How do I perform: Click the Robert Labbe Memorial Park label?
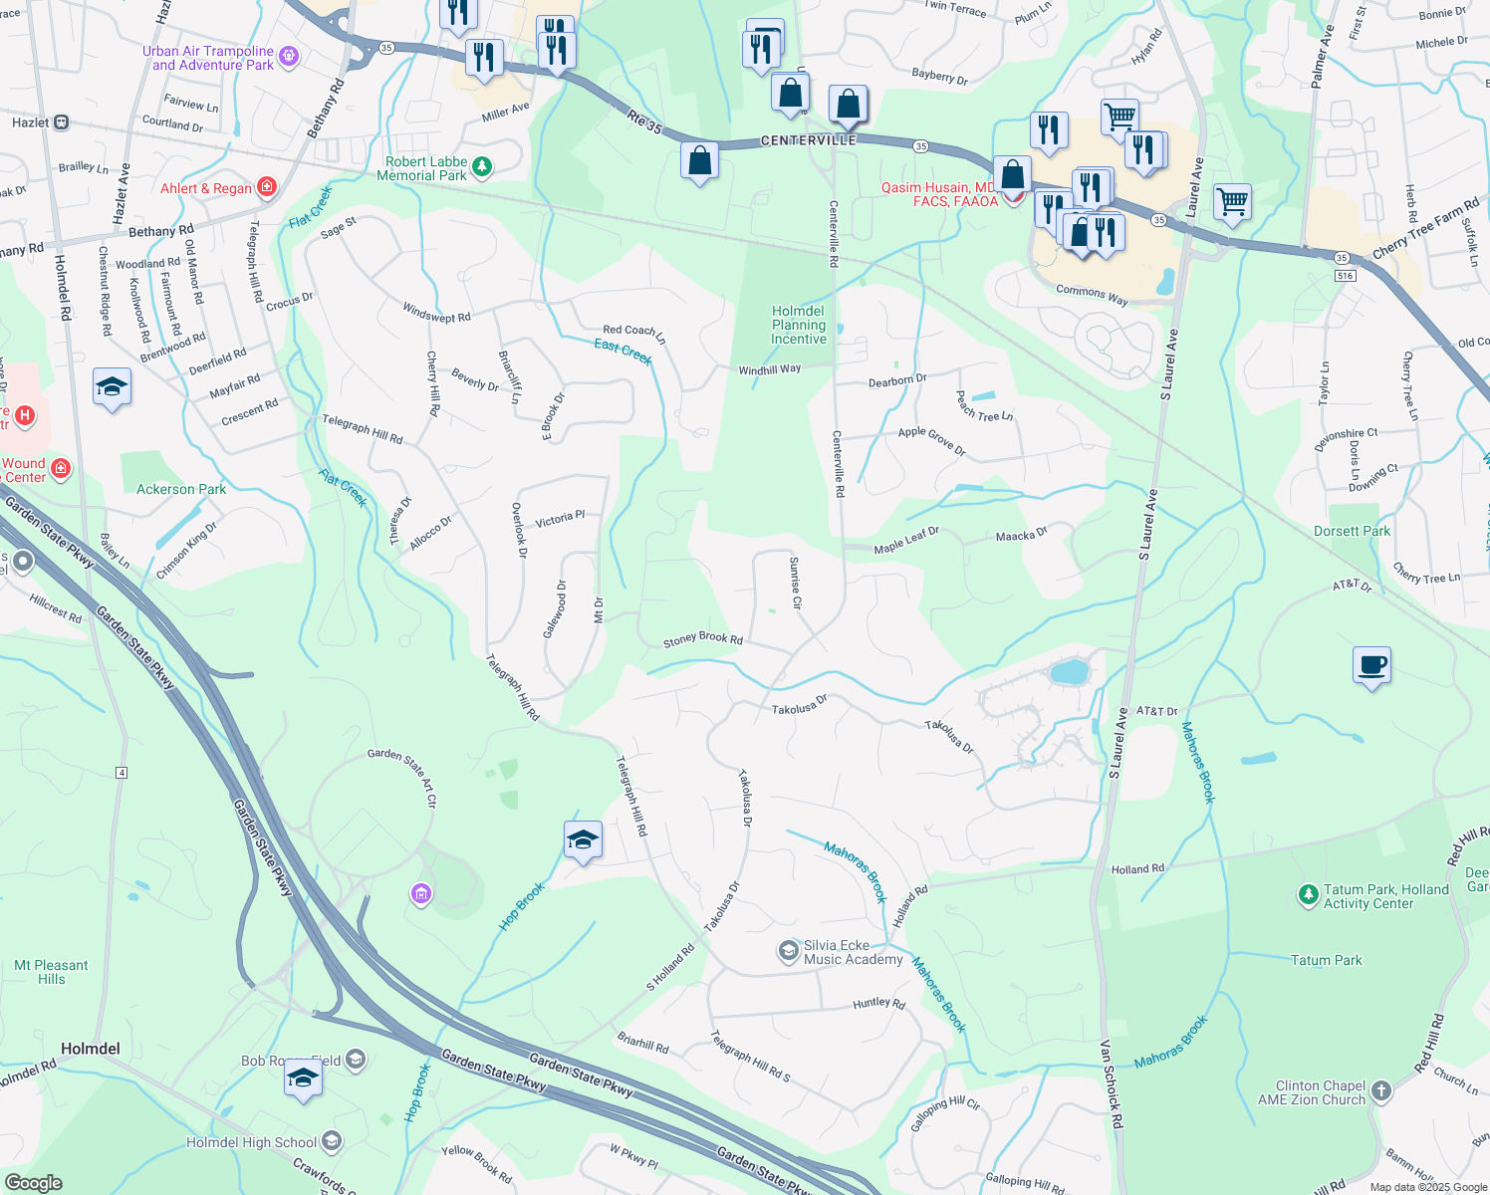coord(426,168)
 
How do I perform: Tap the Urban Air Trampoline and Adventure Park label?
coord(208,58)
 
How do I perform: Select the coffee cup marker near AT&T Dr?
coord(1371,665)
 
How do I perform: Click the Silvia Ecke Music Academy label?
coord(853,953)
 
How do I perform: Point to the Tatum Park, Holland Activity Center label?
coord(1385,896)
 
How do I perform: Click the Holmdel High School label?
coord(252,1142)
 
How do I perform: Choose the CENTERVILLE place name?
coord(808,140)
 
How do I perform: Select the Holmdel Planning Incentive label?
coord(799,325)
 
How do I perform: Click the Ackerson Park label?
coord(181,489)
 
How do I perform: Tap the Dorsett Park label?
coord(1352,531)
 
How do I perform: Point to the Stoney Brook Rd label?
coord(703,639)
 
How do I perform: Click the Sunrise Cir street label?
coord(795,583)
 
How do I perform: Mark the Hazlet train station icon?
coord(62,122)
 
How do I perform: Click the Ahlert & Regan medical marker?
coord(266,187)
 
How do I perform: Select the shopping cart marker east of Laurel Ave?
coord(1232,202)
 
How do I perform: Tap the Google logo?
coord(33,1183)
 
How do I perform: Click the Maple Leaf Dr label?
coord(906,541)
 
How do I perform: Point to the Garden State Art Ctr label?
coord(401,776)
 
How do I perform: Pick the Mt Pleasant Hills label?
coord(51,972)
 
